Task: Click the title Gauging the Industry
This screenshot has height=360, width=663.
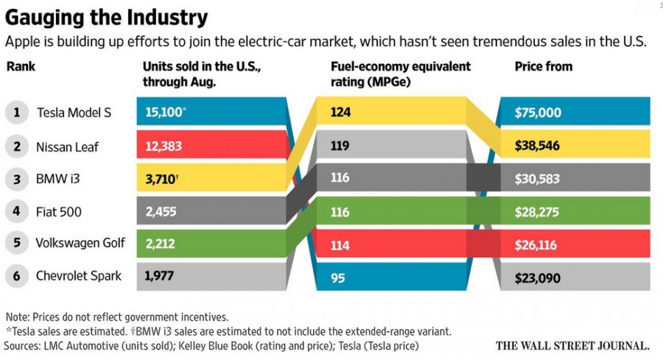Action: (107, 17)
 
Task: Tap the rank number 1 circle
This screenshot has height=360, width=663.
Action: (16, 113)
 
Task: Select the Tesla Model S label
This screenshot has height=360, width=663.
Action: (74, 113)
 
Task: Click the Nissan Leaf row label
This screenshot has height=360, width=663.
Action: (67, 147)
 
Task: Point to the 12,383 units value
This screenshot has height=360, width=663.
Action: (163, 147)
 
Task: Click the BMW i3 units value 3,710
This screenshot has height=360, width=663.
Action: (161, 179)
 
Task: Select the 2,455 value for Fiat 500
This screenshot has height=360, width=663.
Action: (160, 212)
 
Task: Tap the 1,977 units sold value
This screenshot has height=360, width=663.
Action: (159, 276)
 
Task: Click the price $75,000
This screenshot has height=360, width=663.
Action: (539, 113)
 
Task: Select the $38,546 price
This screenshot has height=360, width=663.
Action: (539, 147)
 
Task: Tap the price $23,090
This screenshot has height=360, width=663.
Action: (539, 278)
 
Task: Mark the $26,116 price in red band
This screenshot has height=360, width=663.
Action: (539, 244)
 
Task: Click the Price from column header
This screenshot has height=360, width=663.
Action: (543, 66)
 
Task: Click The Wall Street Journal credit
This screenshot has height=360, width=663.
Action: (572, 345)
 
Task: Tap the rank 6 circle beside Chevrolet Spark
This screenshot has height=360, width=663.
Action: (16, 277)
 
